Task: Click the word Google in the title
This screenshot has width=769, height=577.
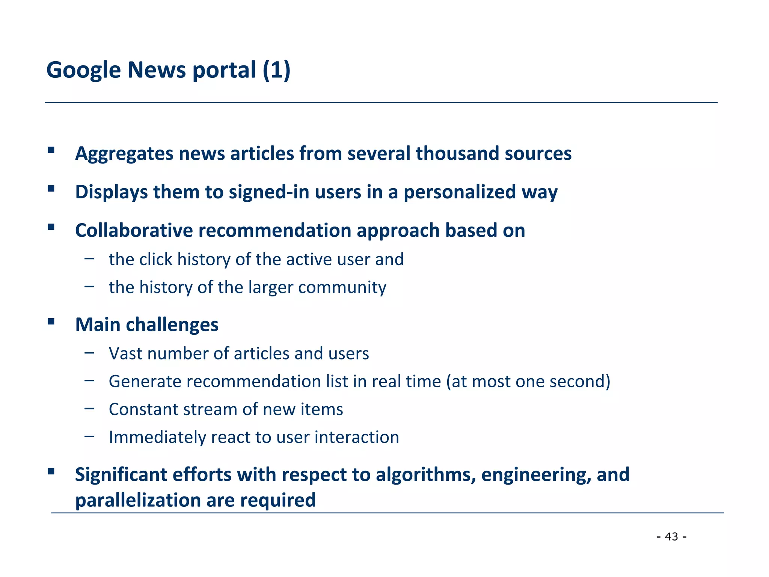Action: click(83, 70)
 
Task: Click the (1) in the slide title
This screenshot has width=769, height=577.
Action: click(276, 70)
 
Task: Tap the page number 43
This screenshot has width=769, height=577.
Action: click(671, 536)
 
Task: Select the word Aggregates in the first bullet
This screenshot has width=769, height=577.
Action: click(124, 154)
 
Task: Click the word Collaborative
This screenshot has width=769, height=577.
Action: click(134, 230)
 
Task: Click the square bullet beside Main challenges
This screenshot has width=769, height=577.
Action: click(51, 321)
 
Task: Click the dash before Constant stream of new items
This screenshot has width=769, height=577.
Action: click(89, 408)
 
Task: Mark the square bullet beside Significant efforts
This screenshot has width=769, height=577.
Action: click(51, 471)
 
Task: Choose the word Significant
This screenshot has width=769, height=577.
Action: click(121, 474)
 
